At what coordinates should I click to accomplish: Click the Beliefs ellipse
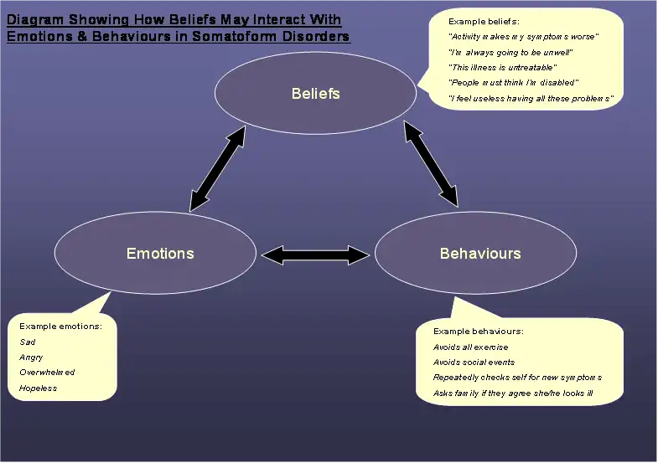point(315,93)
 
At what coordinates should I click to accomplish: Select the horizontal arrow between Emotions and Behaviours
point(315,253)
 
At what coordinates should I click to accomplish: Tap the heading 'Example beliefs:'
point(484,20)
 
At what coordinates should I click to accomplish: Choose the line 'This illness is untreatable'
point(503,67)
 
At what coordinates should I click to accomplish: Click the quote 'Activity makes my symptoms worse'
point(524,37)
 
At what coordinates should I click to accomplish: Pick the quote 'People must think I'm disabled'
point(514,82)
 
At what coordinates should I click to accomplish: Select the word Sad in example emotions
point(28,342)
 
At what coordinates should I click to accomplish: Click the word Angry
point(31,357)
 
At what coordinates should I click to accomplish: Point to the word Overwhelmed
point(47,373)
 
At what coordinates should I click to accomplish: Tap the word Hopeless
point(38,388)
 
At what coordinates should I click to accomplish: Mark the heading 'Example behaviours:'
point(479,332)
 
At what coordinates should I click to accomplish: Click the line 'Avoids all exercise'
point(470,347)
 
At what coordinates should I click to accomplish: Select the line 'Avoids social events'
point(474,363)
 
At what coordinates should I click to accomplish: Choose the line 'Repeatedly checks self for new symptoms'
point(517,378)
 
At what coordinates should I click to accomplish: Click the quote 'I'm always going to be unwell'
point(510,52)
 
